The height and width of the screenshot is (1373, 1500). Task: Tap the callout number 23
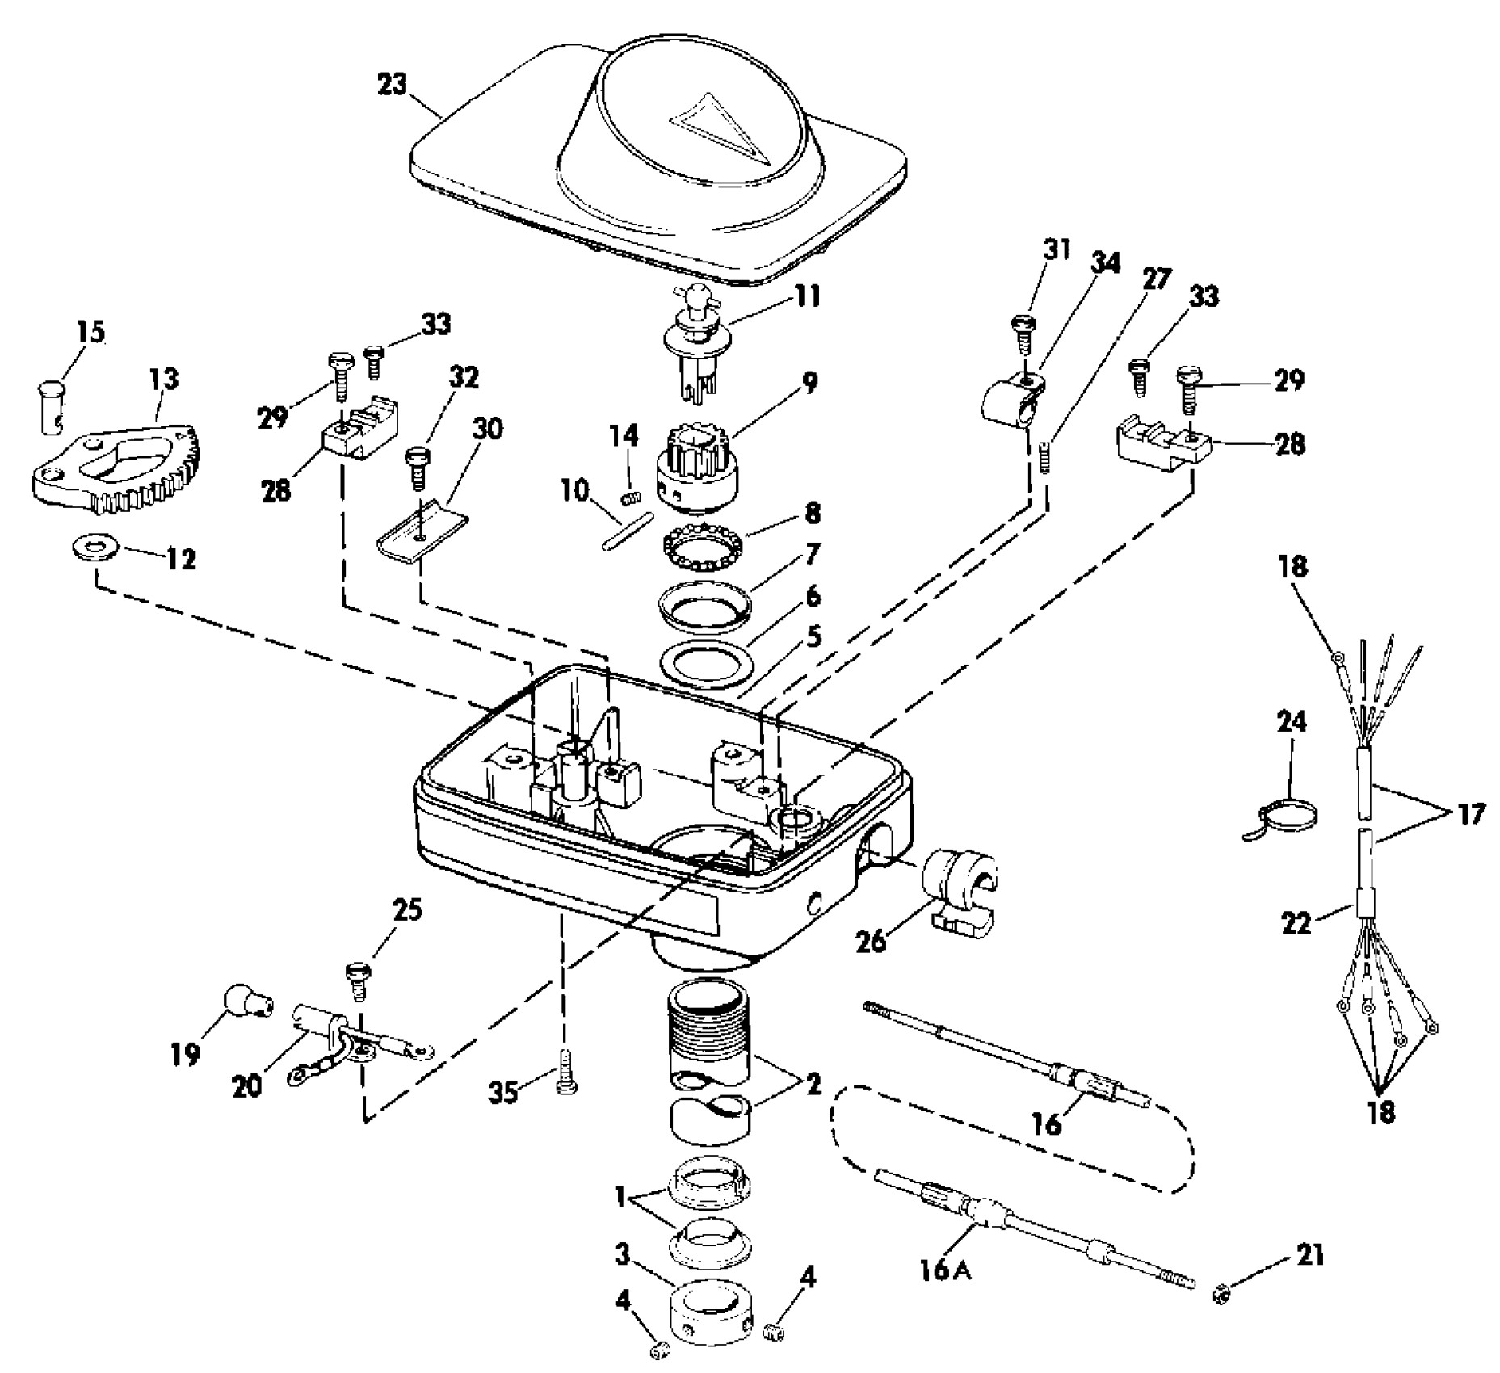(393, 85)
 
